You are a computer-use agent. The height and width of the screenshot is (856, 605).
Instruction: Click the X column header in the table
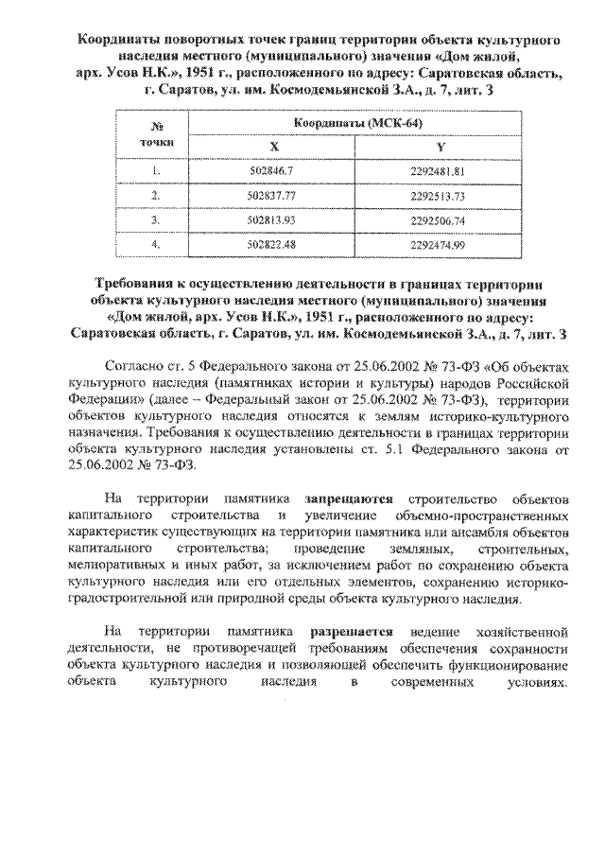click(x=274, y=147)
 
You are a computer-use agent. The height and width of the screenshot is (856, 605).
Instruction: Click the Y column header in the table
click(x=439, y=147)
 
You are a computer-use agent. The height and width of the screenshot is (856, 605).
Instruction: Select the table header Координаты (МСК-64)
click(x=357, y=124)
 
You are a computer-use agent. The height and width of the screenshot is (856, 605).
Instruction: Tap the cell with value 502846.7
click(x=274, y=171)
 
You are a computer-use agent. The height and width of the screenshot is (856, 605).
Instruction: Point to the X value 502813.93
click(x=274, y=219)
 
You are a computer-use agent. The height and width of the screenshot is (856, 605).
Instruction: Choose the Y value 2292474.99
click(x=439, y=244)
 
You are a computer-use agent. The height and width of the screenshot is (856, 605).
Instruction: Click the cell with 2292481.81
click(x=439, y=171)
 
